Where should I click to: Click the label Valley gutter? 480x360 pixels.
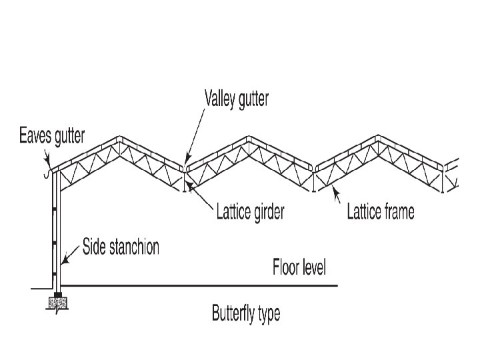[x=236, y=99]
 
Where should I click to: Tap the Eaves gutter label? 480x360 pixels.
[x=51, y=137]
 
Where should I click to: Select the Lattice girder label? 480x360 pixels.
[x=251, y=213]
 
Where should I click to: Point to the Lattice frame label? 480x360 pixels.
[x=381, y=212]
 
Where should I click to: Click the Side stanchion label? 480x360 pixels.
[x=121, y=247]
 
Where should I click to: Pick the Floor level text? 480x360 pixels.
[x=299, y=268]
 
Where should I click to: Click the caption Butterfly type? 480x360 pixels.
[x=246, y=313]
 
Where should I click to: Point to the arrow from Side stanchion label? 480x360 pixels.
[x=70, y=256]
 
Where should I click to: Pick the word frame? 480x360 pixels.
[x=398, y=212]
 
